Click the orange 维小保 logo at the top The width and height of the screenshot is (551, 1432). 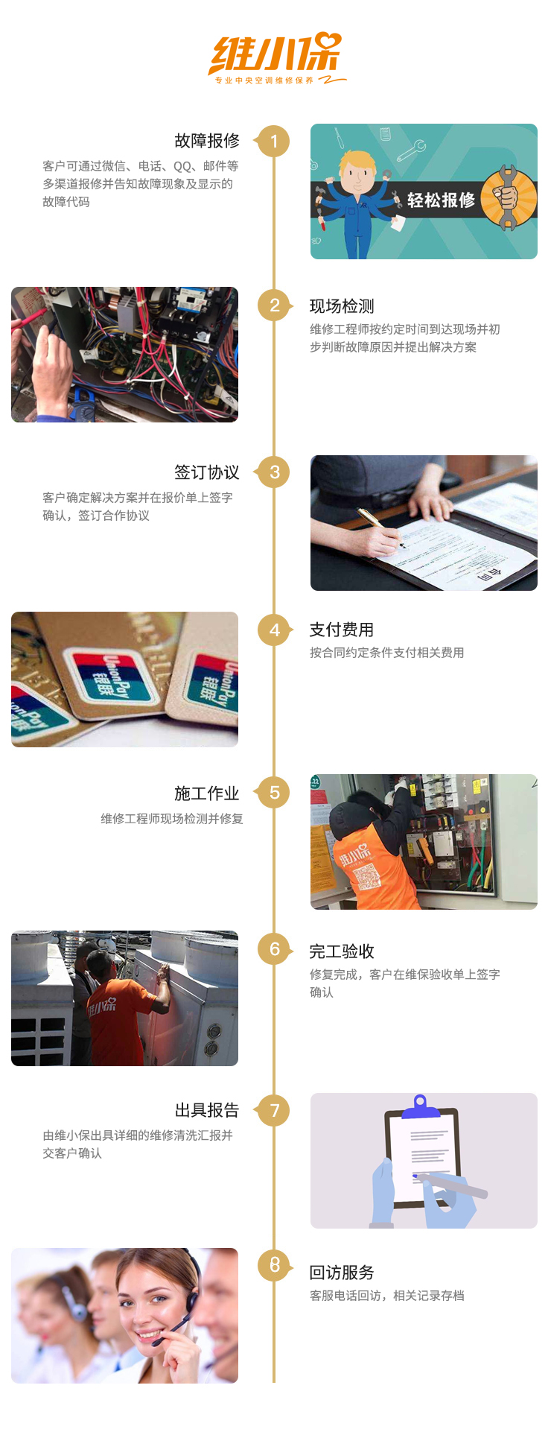pos(275,57)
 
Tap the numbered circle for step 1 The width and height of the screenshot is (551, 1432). pos(274,141)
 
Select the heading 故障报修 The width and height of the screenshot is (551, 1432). pos(207,141)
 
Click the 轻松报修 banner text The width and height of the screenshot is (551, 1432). pos(441,200)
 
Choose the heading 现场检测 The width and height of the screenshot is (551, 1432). pos(342,306)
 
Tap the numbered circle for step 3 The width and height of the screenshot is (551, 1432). pos(274,472)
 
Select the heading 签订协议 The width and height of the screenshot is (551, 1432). pos(207,472)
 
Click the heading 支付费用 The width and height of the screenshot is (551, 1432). pos(342,630)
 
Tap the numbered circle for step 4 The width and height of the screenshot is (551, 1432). pos(274,630)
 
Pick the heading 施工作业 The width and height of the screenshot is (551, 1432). pos(207,793)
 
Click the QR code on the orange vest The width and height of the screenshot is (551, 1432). pos(366,878)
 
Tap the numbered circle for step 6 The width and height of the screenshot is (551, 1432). pos(274,949)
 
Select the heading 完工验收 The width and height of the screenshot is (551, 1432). pos(342,951)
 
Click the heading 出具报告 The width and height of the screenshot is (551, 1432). pos(207,1110)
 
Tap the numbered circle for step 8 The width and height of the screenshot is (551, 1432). pos(274,1264)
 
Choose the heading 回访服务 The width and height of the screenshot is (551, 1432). pos(342,1273)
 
